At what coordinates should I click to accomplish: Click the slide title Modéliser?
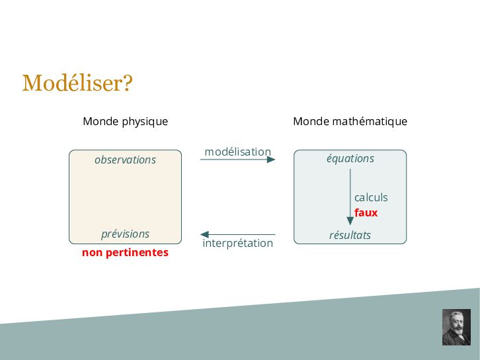coord(77,83)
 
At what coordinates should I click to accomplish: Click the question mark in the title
coord(128,83)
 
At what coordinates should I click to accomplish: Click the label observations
coord(125,159)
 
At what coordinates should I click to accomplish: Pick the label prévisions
coord(125,234)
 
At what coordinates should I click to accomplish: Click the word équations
coord(350,158)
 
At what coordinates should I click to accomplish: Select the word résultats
coord(350,235)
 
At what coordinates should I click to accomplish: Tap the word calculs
coord(371,197)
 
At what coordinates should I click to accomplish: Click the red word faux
coord(366,212)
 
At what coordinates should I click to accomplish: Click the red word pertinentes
coord(137,253)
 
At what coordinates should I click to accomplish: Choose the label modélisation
coord(237,152)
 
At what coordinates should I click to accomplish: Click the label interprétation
coord(237,243)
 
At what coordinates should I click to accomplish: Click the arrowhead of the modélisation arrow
coord(270,159)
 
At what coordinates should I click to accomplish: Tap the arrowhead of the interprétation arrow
coord(205,234)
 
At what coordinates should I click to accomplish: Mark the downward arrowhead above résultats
coord(350,220)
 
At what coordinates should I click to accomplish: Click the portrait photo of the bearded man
coord(456,327)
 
